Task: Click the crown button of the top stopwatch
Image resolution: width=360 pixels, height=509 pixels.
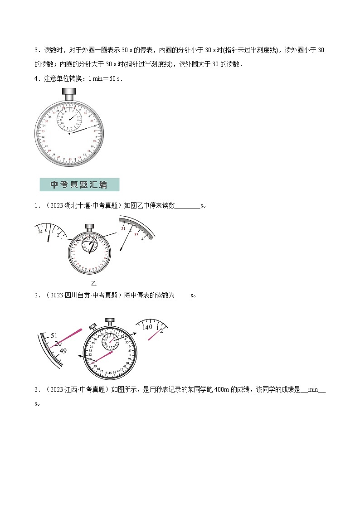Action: [x=70, y=95]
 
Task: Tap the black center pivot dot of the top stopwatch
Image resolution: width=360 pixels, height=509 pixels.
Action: [x=69, y=134]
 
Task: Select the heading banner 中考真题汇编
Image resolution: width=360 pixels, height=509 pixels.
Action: [x=79, y=185]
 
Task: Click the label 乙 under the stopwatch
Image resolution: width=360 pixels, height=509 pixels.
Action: [x=94, y=284]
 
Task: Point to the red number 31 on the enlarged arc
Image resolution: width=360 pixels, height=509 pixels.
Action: [x=123, y=228]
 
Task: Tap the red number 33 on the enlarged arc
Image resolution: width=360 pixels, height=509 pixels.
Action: [x=136, y=234]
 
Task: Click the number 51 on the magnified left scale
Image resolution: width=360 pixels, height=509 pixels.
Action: [x=54, y=335]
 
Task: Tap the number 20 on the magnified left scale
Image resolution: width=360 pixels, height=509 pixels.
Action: [x=58, y=344]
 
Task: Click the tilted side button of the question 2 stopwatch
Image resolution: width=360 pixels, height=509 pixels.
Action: [x=92, y=326]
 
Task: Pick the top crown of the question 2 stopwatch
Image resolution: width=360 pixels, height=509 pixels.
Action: [x=110, y=322]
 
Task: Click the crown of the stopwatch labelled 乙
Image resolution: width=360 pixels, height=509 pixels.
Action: [x=89, y=226]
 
